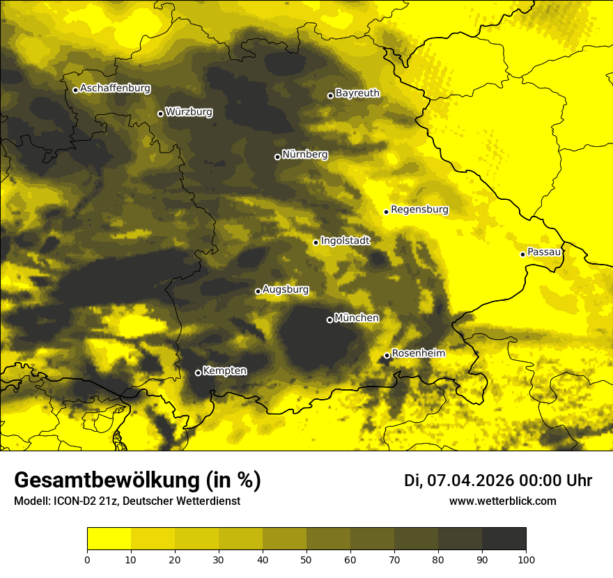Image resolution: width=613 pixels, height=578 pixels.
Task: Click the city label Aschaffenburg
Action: (115, 88)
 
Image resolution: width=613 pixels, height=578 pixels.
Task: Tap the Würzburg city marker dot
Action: (160, 114)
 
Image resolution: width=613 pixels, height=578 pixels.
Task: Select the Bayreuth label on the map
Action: (357, 93)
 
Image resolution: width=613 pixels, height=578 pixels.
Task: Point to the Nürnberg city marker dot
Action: (277, 157)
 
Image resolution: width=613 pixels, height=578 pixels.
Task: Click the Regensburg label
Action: (419, 209)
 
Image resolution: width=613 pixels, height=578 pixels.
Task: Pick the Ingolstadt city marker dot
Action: (316, 242)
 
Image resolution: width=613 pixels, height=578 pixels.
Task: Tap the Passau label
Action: (544, 251)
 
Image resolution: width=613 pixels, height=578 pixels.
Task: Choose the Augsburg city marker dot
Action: (258, 291)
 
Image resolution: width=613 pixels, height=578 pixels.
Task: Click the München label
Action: (357, 318)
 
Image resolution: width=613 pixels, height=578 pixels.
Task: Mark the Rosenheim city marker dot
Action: (387, 356)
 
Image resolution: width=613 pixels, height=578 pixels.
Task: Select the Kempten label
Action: (224, 370)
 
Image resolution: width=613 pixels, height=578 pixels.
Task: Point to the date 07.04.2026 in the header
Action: (471, 481)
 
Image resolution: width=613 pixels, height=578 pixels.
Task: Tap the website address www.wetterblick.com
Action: (502, 501)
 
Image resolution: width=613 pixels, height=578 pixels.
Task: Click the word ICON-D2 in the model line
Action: (72, 501)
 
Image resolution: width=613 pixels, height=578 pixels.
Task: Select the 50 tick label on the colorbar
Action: (306, 559)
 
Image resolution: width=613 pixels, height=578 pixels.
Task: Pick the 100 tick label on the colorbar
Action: (526, 559)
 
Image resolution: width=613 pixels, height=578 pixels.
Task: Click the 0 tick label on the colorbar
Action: (87, 559)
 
